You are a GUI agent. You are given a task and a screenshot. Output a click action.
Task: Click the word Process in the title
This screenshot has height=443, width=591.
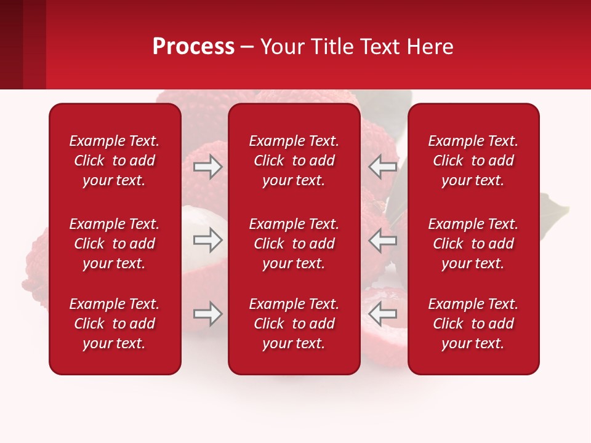[193, 47]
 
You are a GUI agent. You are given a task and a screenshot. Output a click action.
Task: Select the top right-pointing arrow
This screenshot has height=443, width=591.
[207, 167]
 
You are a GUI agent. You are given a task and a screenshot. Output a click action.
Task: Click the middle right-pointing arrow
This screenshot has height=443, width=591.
[207, 240]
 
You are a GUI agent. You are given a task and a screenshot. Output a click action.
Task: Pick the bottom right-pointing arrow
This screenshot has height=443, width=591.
[207, 314]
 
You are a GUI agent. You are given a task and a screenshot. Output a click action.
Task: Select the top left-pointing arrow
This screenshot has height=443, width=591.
[383, 167]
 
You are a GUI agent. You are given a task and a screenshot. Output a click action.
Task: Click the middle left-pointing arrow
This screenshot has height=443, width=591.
[383, 240]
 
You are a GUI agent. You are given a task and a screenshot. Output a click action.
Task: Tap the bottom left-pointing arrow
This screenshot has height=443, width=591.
[383, 314]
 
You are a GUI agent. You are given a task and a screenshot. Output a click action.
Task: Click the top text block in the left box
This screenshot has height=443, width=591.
[115, 161]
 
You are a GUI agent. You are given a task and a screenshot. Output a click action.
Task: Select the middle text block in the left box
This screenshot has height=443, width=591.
[115, 244]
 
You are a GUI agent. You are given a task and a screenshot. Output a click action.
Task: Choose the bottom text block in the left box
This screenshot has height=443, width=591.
[115, 324]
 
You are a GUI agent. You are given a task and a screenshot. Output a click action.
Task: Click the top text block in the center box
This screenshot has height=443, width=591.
[294, 161]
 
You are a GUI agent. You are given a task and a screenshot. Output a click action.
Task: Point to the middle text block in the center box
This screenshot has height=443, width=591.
[294, 244]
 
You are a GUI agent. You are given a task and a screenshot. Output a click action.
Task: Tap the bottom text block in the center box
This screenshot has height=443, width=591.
[294, 324]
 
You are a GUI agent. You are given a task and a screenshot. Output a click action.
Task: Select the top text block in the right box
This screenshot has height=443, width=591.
[473, 161]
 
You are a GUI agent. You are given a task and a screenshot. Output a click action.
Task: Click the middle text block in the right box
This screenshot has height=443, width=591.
[473, 244]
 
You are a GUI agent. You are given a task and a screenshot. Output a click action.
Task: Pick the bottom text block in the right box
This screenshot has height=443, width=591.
[473, 324]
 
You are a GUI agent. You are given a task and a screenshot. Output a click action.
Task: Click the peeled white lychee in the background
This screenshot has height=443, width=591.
[196, 221]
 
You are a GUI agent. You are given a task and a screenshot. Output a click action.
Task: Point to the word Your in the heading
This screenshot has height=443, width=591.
[283, 47]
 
